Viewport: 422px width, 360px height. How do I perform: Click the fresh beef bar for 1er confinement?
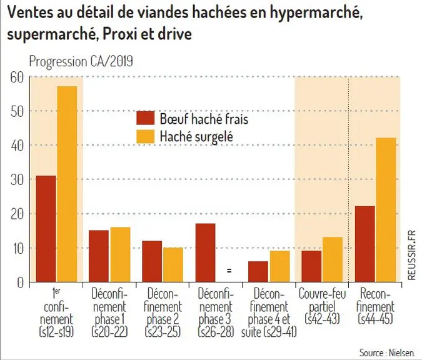[46, 229]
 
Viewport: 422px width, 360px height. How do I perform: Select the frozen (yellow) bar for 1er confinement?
[67, 184]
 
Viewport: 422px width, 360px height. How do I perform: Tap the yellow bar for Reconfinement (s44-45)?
[386, 210]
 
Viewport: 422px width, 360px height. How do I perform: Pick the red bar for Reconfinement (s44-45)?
[365, 244]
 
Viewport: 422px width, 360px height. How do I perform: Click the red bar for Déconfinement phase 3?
[205, 252]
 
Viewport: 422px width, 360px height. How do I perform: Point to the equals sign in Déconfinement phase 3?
[229, 271]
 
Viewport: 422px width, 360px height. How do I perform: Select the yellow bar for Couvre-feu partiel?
[333, 259]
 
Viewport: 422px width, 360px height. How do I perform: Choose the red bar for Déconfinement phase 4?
[258, 271]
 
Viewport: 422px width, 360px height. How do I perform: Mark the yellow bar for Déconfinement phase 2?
[173, 265]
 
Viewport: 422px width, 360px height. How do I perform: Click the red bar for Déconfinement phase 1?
[99, 256]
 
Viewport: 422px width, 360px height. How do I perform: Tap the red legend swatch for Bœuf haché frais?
[146, 118]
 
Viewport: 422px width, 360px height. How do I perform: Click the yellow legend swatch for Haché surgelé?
[146, 136]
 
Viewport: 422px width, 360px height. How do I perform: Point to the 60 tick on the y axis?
[18, 77]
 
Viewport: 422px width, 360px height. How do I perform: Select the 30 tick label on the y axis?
[18, 180]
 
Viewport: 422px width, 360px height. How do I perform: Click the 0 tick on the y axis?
[21, 282]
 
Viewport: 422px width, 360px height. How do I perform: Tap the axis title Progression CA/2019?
[81, 61]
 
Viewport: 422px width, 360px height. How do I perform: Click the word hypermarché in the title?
[316, 13]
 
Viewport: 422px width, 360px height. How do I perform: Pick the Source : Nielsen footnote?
[387, 352]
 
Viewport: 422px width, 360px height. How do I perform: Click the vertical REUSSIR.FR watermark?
[412, 256]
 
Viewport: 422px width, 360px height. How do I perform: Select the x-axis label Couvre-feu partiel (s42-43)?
[322, 306]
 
